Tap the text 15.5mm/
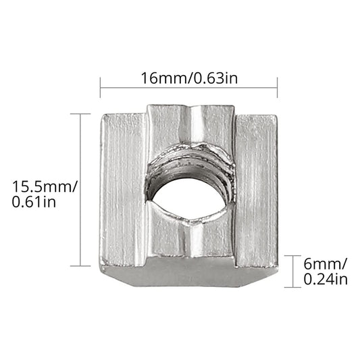tap(41, 185)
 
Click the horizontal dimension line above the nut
tap(188, 87)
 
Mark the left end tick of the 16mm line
tap(101, 87)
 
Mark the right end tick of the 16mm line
tap(278, 87)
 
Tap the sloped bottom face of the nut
tap(189, 276)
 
